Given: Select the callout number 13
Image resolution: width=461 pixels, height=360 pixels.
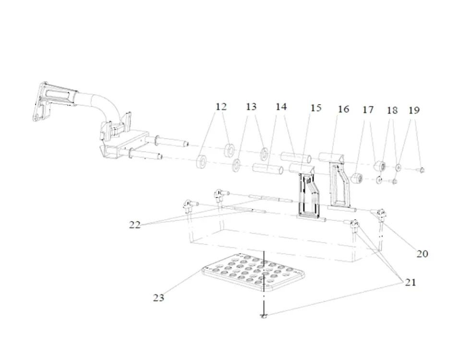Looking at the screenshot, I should [252, 107].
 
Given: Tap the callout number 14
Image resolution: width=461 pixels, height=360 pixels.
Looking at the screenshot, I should [281, 107].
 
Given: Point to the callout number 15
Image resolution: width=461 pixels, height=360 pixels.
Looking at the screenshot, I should [315, 108].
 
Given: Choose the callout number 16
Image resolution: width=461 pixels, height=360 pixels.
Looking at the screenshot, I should [343, 109].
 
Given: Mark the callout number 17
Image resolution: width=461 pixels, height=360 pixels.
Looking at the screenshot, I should [368, 110].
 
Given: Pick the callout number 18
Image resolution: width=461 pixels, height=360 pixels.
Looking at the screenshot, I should [392, 110].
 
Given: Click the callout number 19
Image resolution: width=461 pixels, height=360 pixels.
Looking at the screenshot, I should [414, 110].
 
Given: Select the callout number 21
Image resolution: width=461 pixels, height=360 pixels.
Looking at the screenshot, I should [410, 282].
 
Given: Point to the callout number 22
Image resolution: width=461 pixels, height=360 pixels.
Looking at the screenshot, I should [135, 224].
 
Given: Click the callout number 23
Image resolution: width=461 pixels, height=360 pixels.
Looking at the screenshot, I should [158, 298].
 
